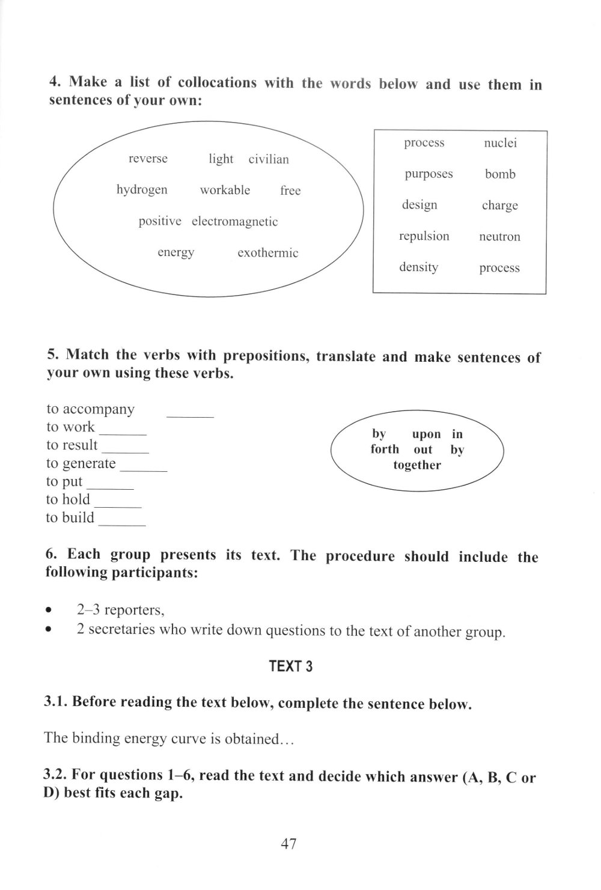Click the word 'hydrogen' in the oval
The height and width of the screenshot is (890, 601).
tap(142, 190)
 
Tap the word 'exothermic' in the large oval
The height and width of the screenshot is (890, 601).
tap(267, 253)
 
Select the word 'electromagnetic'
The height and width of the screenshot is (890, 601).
tap(234, 222)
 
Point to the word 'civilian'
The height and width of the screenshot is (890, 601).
tap(269, 159)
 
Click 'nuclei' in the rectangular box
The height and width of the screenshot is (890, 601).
tap(500, 143)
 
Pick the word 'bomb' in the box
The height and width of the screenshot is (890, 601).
tap(500, 174)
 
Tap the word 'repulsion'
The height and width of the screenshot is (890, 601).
tap(424, 236)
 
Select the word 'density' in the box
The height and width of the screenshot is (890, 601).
tap(418, 267)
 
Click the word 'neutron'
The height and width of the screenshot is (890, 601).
tap(499, 237)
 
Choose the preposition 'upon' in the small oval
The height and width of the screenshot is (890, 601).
tap(426, 434)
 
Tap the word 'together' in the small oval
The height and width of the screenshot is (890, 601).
tap(417, 465)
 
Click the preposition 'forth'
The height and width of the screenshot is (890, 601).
tap(385, 450)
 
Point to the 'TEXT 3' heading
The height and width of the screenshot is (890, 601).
tap(290, 666)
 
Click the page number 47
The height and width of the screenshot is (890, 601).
tap(288, 844)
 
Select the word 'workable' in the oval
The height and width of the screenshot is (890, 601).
tap(225, 190)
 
